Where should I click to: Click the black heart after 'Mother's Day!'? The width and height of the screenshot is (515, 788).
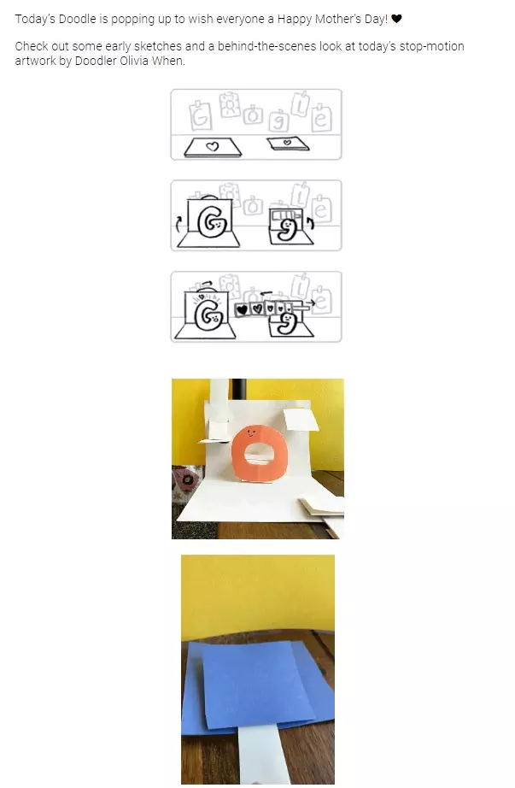click(396, 19)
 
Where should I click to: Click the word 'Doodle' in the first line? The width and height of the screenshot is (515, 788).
click(78, 19)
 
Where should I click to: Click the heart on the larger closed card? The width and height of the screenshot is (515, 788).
click(213, 146)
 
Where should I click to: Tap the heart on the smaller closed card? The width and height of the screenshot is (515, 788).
click(287, 143)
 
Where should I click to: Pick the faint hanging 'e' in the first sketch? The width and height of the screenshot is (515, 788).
click(322, 118)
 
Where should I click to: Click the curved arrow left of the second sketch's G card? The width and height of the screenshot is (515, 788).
click(178, 223)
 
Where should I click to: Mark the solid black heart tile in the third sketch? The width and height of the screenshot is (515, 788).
click(243, 309)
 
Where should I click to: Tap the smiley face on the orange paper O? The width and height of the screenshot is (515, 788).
click(251, 432)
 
